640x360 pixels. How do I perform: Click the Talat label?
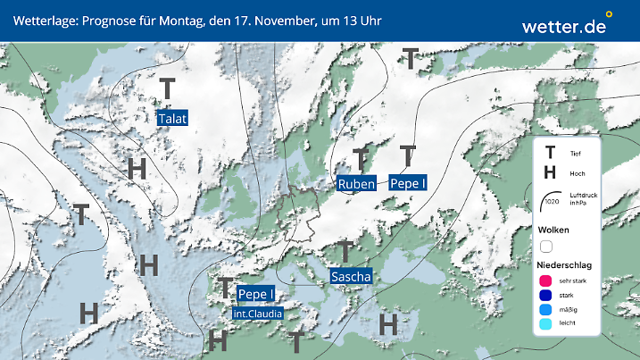point(173,119)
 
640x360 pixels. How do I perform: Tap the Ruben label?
point(356,184)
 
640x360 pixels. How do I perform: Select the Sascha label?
point(351,277)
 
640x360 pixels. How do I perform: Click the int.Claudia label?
point(257,314)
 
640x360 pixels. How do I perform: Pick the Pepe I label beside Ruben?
point(408,182)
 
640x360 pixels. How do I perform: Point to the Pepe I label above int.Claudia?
point(257,294)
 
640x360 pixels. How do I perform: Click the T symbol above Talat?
point(167,88)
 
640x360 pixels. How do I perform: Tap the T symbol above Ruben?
point(361,160)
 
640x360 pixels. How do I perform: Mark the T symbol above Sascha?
point(345,252)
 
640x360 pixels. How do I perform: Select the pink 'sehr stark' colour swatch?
point(546,281)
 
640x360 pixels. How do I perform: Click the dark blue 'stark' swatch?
point(546,297)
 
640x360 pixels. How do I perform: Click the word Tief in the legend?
point(575,154)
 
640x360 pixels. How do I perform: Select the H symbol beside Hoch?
point(550,173)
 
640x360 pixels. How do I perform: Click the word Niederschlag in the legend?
point(563,265)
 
